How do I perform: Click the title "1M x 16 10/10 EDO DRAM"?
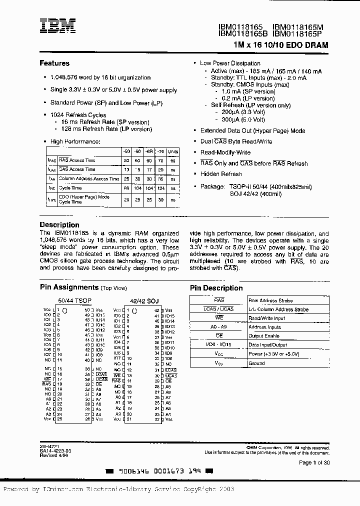tap(280, 44)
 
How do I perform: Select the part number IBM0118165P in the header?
tap(300, 33)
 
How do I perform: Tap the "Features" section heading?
tap(54, 63)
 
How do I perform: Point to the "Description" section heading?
tap(59, 225)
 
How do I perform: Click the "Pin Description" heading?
tap(216, 288)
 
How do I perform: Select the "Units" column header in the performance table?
tap(172, 151)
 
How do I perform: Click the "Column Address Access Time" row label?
tap(88, 178)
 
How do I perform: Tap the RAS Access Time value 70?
tap(160, 160)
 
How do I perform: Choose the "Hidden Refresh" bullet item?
tap(221, 174)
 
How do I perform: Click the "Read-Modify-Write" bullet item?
tap(225, 152)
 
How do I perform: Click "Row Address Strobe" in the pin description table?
tap(270, 300)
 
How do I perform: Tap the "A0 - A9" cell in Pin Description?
tap(219, 327)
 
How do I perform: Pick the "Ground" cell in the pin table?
tap(256, 363)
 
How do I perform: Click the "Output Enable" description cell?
tap(264, 336)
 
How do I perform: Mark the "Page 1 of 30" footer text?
tap(314, 462)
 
